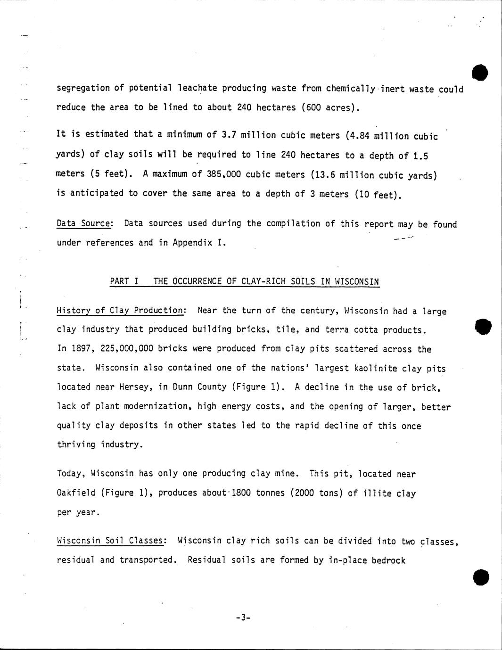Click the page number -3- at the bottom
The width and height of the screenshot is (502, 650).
[243, 617]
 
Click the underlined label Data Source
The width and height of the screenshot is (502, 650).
[84, 223]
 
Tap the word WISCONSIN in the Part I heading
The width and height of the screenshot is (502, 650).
[357, 281]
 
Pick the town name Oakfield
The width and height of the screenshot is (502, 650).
[76, 493]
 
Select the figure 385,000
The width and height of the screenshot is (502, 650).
[224, 174]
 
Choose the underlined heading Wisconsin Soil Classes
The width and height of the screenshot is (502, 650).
[110, 541]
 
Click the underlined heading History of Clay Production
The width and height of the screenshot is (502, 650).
[120, 310]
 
